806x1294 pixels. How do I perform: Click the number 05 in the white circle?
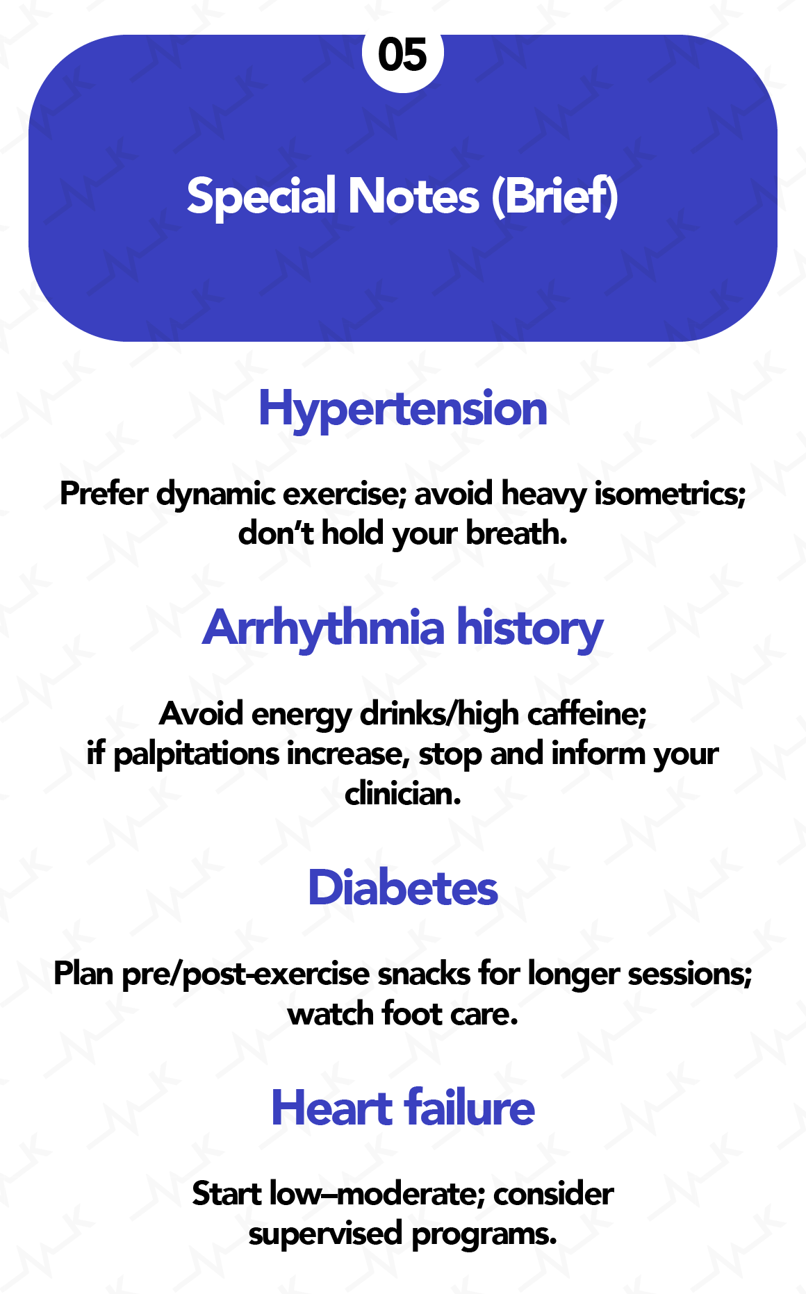click(403, 55)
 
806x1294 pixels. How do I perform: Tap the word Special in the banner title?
click(262, 197)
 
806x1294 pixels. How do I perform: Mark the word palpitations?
click(196, 754)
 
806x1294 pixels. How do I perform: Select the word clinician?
click(403, 793)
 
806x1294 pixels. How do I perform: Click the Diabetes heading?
click(403, 888)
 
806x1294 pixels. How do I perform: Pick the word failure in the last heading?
click(470, 1108)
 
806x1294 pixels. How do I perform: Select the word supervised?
click(326, 1234)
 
